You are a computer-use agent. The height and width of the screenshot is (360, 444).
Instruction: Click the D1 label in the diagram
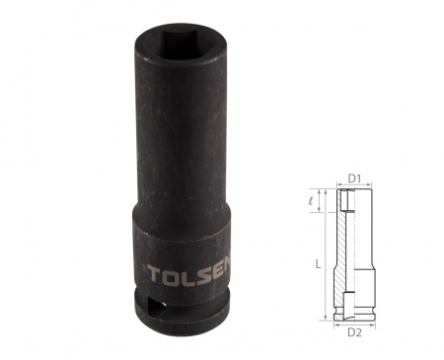click(x=354, y=179)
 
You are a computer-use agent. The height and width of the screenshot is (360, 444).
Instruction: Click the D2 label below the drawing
click(x=354, y=332)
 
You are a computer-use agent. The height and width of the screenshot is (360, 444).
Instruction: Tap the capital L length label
click(x=318, y=263)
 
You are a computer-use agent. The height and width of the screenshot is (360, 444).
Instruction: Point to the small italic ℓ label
click(x=311, y=200)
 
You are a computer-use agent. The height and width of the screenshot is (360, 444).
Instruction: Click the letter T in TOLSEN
click(x=155, y=274)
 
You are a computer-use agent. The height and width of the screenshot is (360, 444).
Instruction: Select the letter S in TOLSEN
click(x=206, y=272)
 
